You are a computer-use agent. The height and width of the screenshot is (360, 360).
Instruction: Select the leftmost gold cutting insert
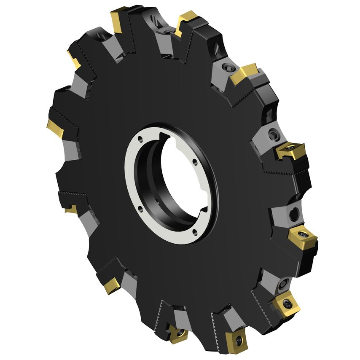pos(55,128)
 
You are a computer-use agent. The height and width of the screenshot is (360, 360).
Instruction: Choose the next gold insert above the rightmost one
pos(290,150)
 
